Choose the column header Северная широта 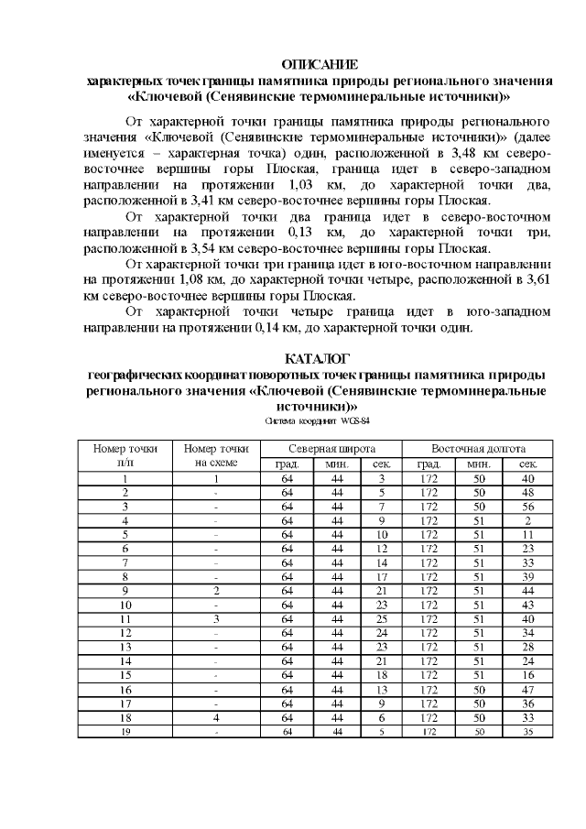[x=331, y=449]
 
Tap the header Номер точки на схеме [x=216, y=455]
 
